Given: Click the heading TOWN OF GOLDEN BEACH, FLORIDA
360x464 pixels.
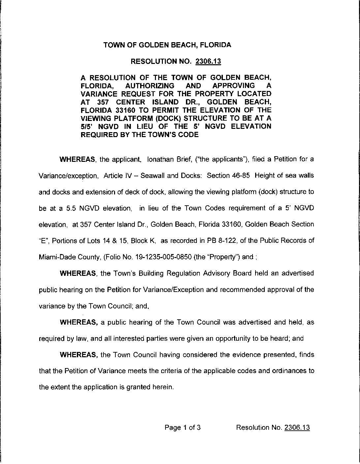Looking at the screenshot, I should [167, 45].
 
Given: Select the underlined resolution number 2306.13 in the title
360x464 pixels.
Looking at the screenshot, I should [208, 62].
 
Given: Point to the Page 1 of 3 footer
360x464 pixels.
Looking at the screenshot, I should [183, 428].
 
